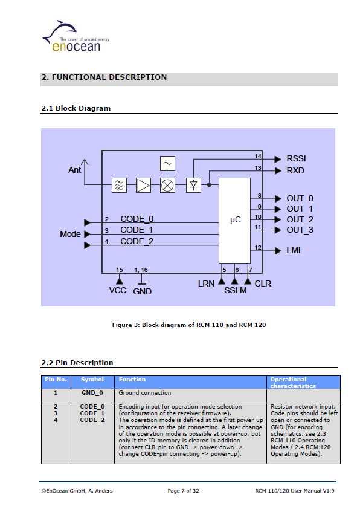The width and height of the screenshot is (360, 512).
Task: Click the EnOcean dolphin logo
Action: [x=76, y=36]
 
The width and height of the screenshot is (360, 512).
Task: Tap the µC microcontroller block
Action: [x=234, y=221]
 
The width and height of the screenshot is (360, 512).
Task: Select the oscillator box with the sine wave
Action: [x=167, y=164]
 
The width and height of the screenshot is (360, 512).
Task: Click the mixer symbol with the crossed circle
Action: [x=167, y=186]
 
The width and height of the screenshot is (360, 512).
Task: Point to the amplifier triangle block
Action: [x=143, y=186]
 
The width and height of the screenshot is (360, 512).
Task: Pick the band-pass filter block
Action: [x=119, y=186]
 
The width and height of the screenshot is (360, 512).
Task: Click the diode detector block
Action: [x=193, y=186]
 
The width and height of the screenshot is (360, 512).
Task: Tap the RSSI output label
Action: [x=296, y=159]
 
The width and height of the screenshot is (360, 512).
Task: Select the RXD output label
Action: [x=295, y=171]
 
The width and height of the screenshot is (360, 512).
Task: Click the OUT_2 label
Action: [x=300, y=220]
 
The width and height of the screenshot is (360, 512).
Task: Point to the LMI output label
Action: [x=294, y=250]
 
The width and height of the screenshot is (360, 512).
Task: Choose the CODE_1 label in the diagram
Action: [x=137, y=230]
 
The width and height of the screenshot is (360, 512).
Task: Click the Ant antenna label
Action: [x=74, y=170]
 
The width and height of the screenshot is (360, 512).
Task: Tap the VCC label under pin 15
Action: [x=118, y=290]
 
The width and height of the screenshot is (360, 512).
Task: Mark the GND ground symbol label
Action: [x=143, y=291]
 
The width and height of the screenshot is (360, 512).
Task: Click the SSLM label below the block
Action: [x=236, y=290]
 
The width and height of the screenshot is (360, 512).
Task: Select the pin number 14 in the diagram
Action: [x=258, y=157]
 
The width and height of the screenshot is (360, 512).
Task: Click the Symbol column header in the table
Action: [x=92, y=380]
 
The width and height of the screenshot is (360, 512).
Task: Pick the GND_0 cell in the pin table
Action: [x=92, y=393]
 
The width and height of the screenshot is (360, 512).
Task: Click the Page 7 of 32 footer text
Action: [x=183, y=491]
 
